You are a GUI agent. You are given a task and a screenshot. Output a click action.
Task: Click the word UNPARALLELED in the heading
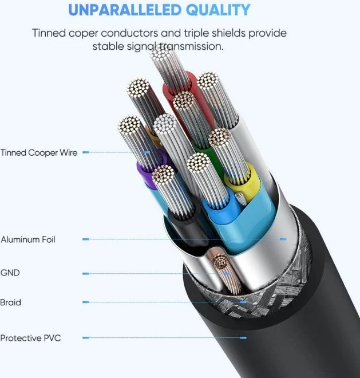pos(125,10)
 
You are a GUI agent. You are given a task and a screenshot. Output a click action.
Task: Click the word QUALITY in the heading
pos(218,10)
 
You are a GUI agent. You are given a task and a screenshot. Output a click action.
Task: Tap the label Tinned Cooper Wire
pos(39,152)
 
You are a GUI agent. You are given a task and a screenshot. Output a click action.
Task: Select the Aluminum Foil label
pos(28,239)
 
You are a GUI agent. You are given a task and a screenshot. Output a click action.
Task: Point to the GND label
pos(10,273)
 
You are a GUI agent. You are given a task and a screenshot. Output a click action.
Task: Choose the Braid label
pos(11,302)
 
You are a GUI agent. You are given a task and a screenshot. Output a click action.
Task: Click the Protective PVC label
pos(30,338)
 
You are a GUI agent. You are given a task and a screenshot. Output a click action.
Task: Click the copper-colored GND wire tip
pos(221,262)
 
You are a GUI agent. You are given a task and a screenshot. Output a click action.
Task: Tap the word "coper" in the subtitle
pos(83,33)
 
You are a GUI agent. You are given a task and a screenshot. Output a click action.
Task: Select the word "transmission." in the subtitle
pos(192,46)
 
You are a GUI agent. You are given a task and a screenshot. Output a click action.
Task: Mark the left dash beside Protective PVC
pos(86,338)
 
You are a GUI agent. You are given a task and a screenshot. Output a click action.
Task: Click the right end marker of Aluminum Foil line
pos(283,239)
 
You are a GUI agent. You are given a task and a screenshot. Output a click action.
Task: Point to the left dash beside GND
pos(86,274)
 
